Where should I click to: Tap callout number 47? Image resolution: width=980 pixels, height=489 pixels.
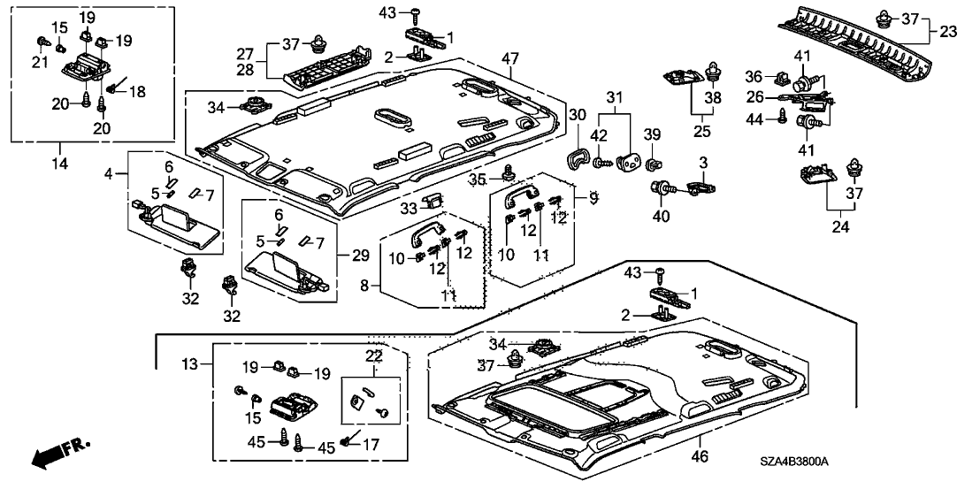tap(509, 59)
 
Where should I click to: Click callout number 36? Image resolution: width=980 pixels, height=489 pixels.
tap(754, 75)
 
